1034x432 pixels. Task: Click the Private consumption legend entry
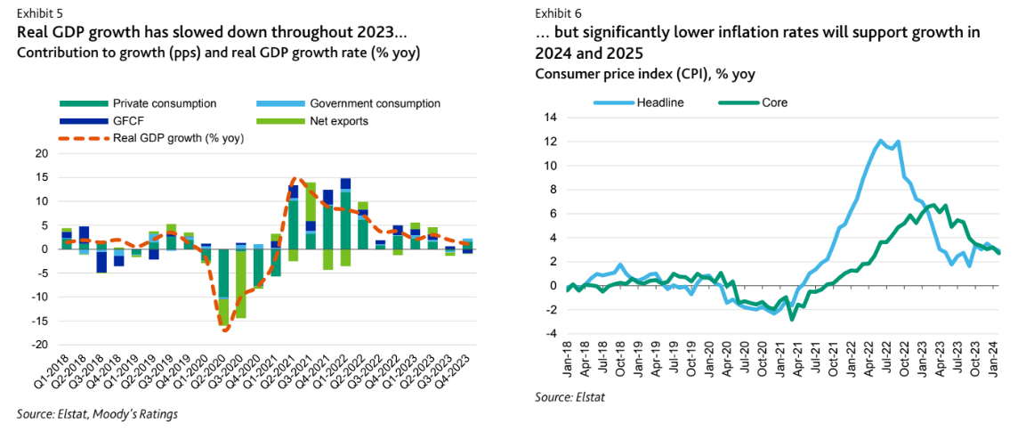(x=164, y=103)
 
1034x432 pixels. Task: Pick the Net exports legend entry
(x=338, y=120)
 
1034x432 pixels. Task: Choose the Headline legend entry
(x=659, y=102)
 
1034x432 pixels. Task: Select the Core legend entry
(x=774, y=102)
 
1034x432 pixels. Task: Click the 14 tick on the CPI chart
(x=550, y=118)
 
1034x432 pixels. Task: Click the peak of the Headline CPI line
(x=880, y=141)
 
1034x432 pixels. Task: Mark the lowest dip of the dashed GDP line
(x=226, y=330)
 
